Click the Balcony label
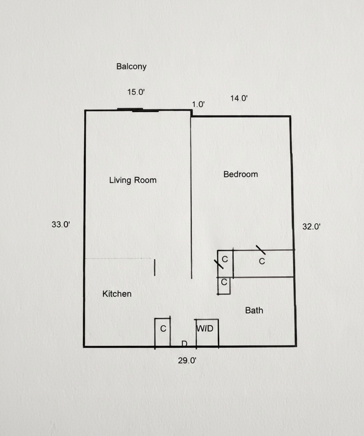click(x=131, y=67)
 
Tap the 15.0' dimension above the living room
click(x=136, y=92)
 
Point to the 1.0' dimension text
click(x=198, y=104)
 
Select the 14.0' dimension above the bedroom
click(x=239, y=99)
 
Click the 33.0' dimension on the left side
click(x=61, y=225)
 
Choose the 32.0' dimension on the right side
click(x=312, y=226)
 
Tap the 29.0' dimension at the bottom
click(x=187, y=361)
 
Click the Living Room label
click(x=133, y=180)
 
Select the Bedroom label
click(x=241, y=174)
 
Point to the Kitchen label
click(x=117, y=294)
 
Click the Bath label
click(x=254, y=311)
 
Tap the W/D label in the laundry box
click(x=205, y=328)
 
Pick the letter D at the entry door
click(x=184, y=344)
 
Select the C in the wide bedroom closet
click(x=262, y=261)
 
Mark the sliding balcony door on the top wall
click(x=138, y=110)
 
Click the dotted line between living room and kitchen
click(x=119, y=258)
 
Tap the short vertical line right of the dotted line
click(x=155, y=268)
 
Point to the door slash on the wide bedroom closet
click(x=260, y=249)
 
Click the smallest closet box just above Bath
click(x=224, y=285)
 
